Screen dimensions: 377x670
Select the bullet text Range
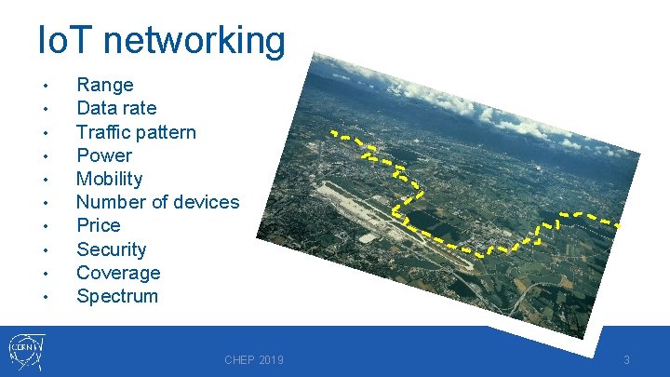click(104, 85)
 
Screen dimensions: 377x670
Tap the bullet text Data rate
click(116, 108)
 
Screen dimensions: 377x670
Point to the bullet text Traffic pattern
click(136, 132)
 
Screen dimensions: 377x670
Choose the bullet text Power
click(103, 155)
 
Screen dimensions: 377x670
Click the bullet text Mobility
click(109, 179)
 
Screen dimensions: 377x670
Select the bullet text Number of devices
click(157, 202)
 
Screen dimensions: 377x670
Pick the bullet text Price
click(98, 225)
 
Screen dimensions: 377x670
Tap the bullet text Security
click(111, 249)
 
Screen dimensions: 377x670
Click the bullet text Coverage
click(118, 273)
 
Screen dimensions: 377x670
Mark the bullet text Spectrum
click(117, 296)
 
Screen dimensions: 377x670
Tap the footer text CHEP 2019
click(254, 360)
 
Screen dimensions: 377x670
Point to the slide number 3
click(627, 360)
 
